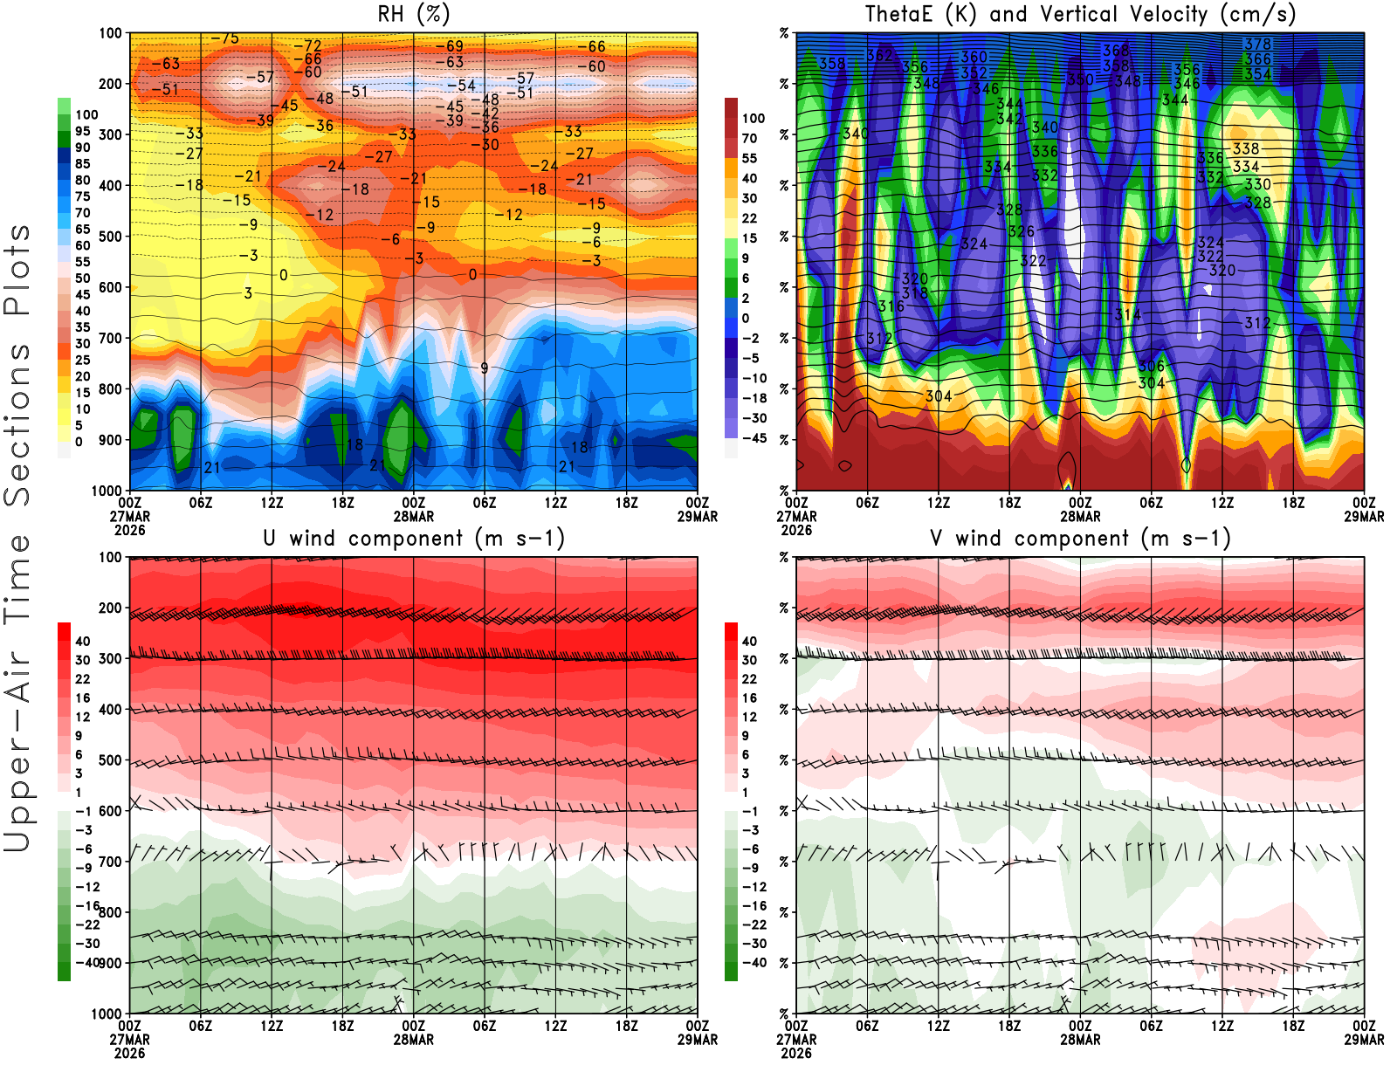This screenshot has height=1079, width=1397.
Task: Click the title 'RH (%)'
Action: coord(414,14)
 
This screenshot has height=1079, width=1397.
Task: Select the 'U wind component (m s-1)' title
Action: coord(414,538)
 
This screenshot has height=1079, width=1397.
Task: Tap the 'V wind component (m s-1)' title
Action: coord(1080,538)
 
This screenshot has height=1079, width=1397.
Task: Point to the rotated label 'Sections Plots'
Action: coord(17,365)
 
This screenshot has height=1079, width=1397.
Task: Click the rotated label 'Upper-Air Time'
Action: coord(17,693)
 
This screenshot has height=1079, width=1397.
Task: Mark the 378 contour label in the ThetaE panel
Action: coord(1257,45)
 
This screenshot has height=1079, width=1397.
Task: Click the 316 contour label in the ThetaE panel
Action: coord(891,306)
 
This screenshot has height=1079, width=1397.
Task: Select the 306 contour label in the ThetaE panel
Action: coord(1151,367)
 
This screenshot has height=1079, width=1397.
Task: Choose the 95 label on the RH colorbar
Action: coord(82,131)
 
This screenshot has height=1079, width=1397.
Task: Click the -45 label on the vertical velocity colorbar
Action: coord(754,438)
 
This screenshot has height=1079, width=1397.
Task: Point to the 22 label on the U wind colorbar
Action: coord(82,679)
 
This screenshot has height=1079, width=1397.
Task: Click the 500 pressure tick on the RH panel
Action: coord(110,237)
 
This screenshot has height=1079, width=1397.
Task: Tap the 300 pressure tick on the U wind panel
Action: coord(110,659)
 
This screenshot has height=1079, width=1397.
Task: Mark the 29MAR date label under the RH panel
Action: coord(698,516)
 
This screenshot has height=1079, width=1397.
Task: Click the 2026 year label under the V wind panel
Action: coord(796,1053)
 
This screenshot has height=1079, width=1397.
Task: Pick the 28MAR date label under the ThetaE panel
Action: coord(1080,516)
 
